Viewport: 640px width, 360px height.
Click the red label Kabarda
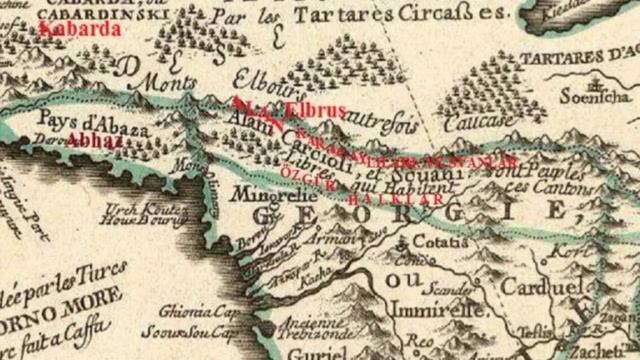click(x=80, y=29)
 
